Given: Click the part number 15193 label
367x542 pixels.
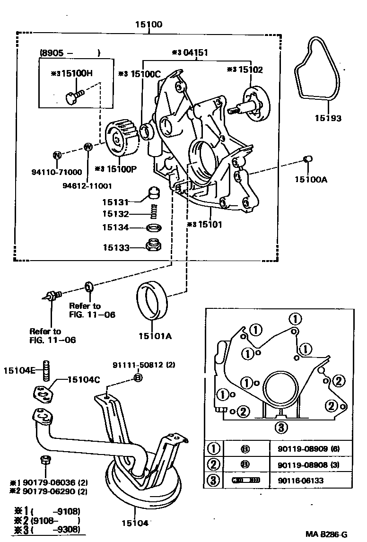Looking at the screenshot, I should click(x=328, y=118).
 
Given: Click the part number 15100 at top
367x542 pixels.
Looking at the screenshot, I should click(x=149, y=24).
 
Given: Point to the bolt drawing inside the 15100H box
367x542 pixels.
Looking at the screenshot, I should click(x=73, y=95).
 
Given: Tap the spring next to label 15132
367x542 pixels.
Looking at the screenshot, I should click(x=153, y=214).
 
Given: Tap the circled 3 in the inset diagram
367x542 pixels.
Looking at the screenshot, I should click(x=280, y=428).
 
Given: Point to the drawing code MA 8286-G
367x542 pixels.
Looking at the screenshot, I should click(x=326, y=534).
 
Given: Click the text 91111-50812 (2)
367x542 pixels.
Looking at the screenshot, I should click(x=137, y=365).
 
